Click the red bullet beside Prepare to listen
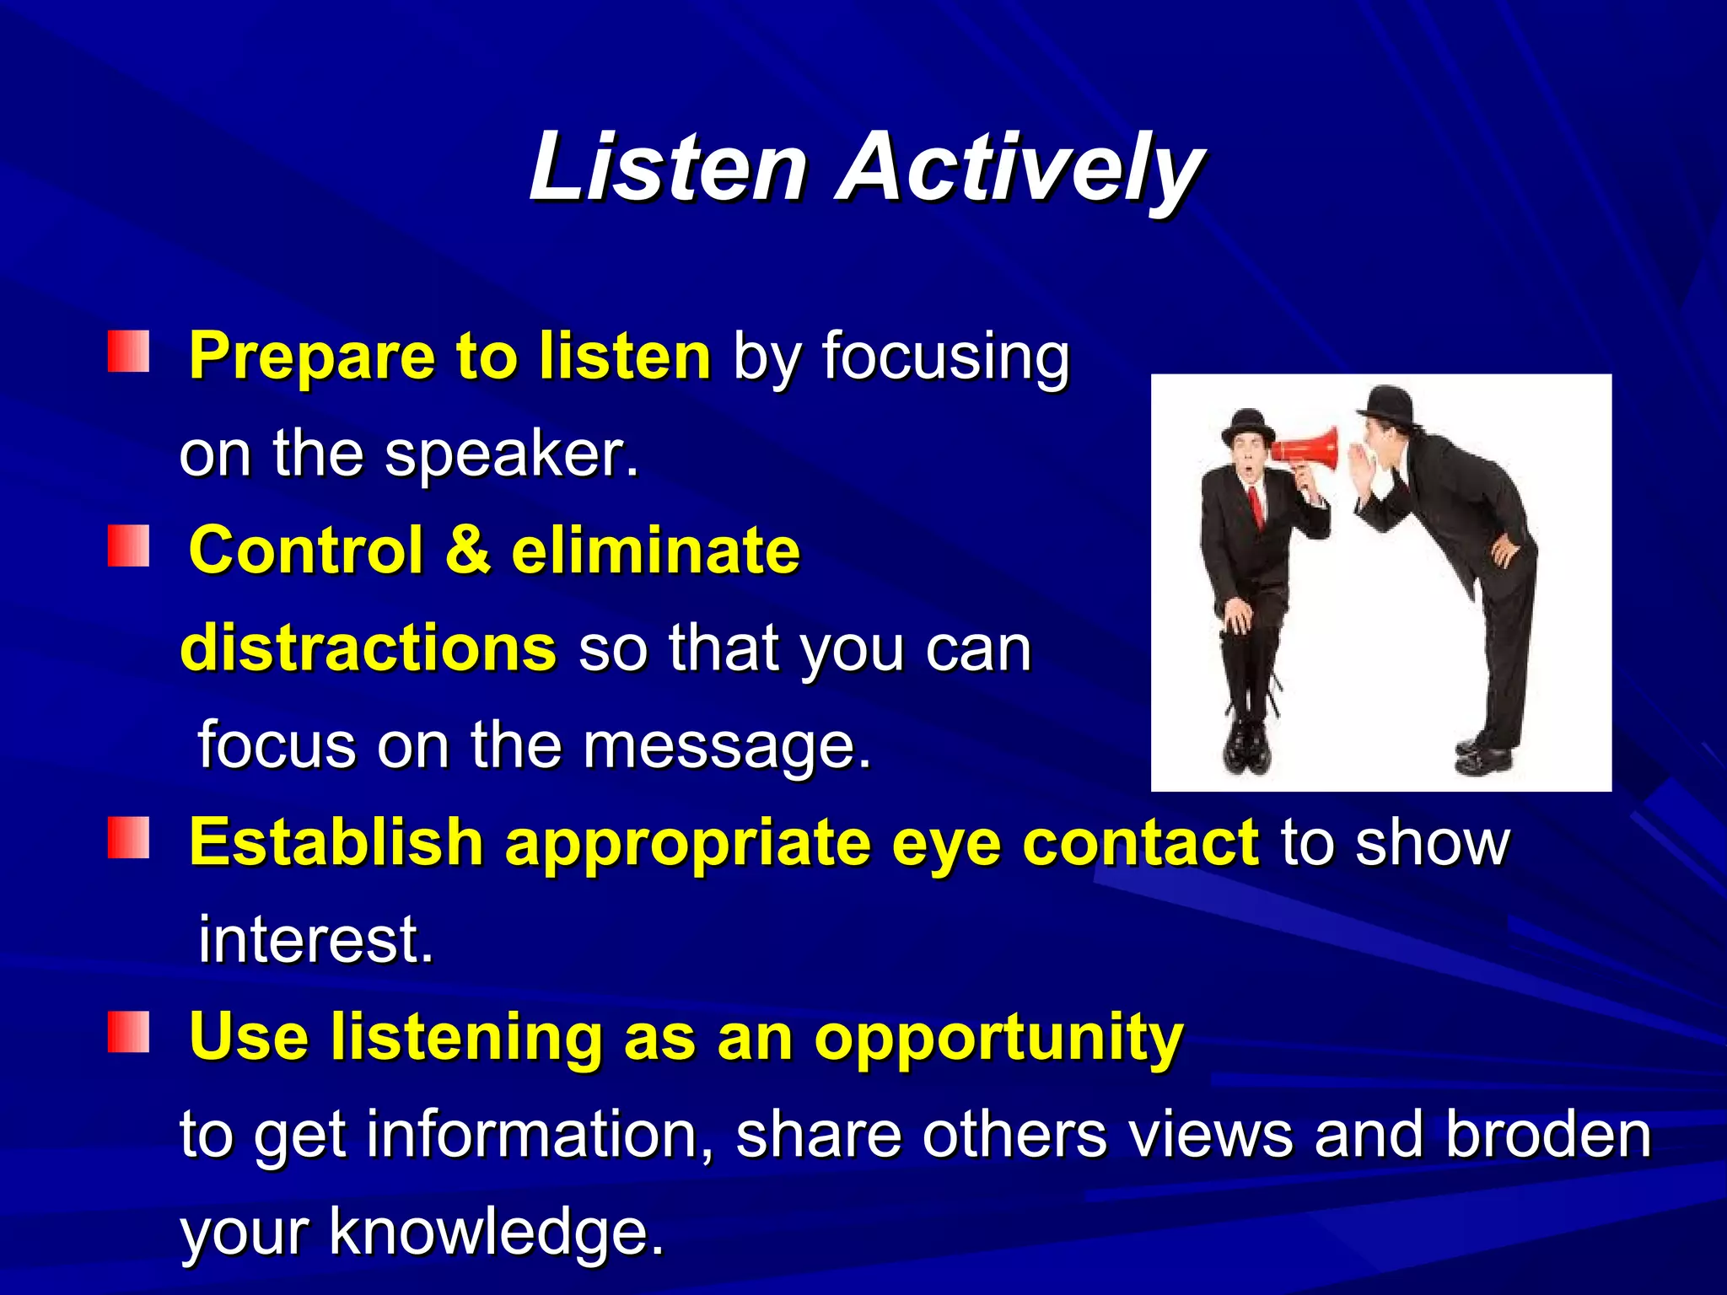(x=128, y=352)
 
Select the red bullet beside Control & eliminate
(x=128, y=546)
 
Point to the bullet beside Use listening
(x=128, y=1033)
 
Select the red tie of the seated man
(x=1256, y=506)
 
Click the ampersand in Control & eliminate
(x=468, y=550)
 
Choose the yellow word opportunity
(x=998, y=1037)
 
